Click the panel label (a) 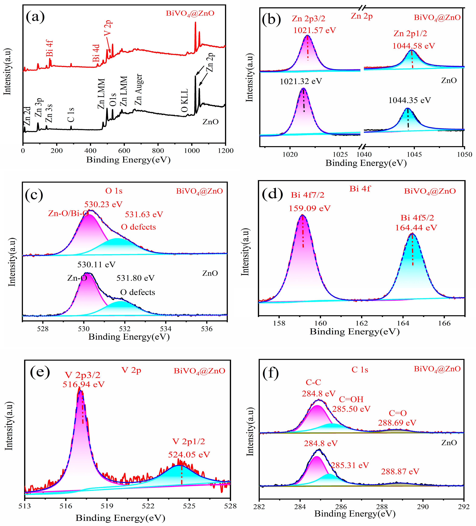(x=35, y=17)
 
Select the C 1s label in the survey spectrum (x=71, y=115)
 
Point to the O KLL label (x=185, y=100)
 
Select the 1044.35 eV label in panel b (x=409, y=100)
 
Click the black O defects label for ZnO (x=138, y=292)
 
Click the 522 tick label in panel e (x=148, y=506)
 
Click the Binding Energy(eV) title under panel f (x=355, y=514)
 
